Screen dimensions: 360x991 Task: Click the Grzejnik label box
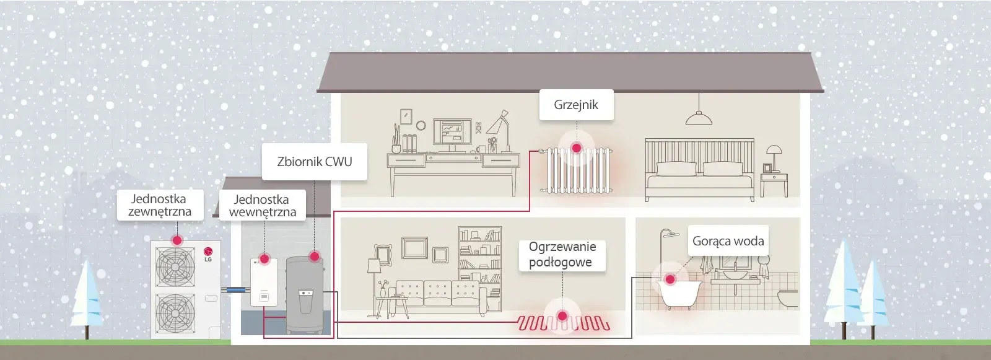(x=576, y=104)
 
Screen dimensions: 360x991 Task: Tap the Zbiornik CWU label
(x=314, y=162)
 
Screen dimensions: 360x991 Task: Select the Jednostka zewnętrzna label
(x=159, y=205)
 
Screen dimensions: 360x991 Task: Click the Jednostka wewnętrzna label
(x=262, y=206)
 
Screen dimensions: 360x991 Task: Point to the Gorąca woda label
(x=728, y=241)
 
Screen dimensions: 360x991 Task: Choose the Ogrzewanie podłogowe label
(x=562, y=255)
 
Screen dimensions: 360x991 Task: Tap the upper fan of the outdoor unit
(x=175, y=266)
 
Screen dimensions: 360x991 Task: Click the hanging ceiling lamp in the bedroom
(x=699, y=118)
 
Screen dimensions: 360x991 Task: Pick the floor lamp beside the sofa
(x=374, y=279)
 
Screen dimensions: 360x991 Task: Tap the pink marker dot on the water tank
(x=314, y=256)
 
